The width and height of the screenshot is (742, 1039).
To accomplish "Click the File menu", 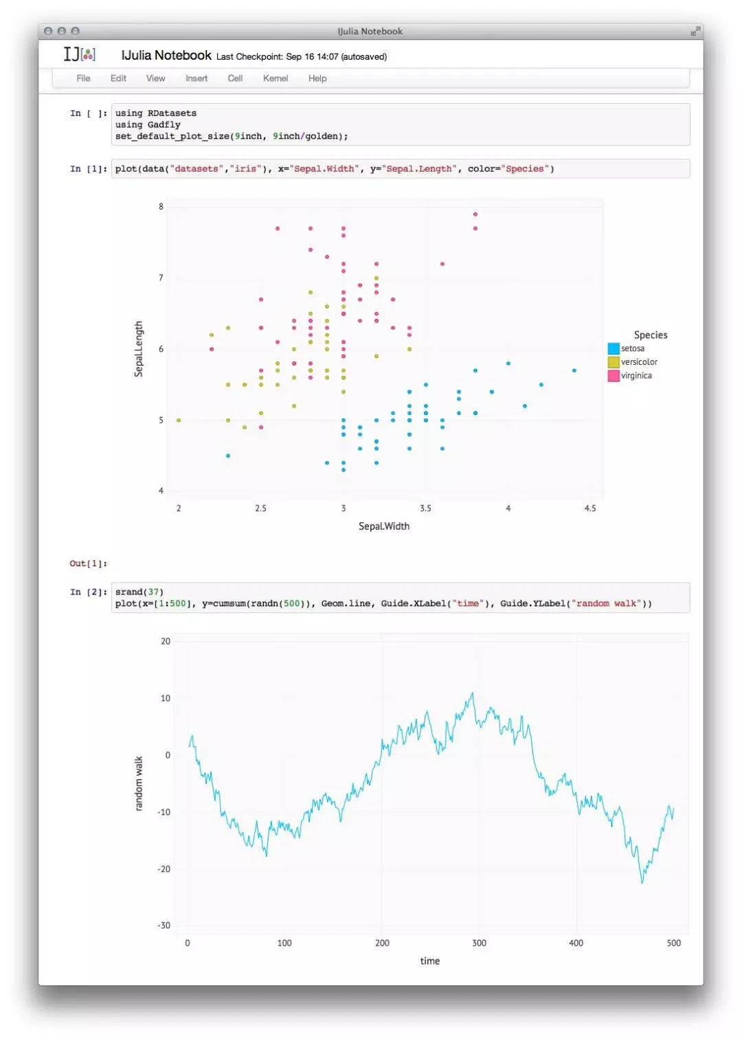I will [83, 78].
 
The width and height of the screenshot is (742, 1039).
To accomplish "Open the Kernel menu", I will [276, 78].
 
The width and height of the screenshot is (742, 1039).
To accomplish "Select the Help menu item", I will [317, 78].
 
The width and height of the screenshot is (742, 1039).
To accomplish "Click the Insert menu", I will [196, 78].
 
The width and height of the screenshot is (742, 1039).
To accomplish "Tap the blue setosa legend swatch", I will [614, 349].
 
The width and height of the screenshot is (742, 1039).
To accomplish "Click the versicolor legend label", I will [639, 362].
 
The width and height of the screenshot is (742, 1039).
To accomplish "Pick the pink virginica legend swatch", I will [614, 376].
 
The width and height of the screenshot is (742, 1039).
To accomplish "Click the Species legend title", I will [651, 335].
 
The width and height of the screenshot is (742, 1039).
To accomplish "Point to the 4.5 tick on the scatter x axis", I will [590, 509].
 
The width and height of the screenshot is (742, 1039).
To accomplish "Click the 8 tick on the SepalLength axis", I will [161, 206].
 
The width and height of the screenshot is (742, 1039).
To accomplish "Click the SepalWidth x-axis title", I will [384, 526].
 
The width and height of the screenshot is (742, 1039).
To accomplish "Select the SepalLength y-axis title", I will [139, 349].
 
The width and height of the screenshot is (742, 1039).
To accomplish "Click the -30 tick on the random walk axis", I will [164, 926].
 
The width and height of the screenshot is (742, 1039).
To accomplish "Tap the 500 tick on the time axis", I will [674, 943].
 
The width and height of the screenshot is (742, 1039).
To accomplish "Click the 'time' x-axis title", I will [430, 961].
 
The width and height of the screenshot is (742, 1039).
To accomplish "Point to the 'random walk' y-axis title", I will [139, 783].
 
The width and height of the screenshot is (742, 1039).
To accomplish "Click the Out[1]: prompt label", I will [88, 563].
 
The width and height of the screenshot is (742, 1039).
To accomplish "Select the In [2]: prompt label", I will [89, 592].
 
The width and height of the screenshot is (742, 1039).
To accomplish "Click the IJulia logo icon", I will [80, 54].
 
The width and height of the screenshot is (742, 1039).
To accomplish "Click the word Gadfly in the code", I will [164, 125].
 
